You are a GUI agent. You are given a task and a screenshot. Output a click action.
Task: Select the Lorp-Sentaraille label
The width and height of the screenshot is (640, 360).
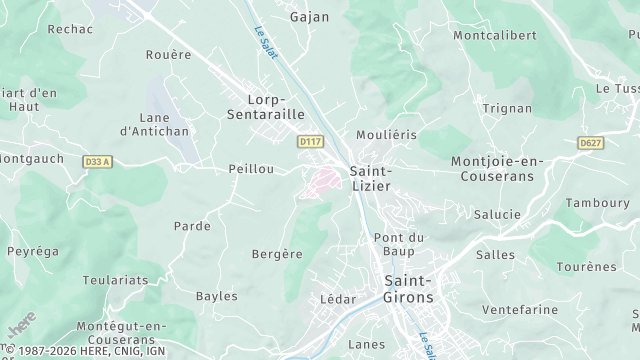coord(275,107)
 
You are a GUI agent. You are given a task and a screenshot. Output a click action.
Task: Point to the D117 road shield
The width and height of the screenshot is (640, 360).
coord(310,143)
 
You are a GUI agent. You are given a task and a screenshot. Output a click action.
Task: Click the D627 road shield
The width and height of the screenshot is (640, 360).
coord(590,143)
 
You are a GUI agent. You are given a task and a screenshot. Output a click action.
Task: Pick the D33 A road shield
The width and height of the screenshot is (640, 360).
coord(98,161)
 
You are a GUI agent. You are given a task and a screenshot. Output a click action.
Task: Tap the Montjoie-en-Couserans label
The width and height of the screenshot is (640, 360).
coord(496,168)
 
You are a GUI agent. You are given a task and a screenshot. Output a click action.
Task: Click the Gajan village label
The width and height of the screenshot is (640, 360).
coord(309,17)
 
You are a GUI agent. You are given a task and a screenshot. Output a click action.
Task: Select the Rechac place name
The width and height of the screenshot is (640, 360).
coord(70,29)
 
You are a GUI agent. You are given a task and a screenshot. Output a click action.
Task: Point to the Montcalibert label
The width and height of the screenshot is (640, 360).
coord(494,35)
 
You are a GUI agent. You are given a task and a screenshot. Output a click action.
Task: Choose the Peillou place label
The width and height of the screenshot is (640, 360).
coord(251,169)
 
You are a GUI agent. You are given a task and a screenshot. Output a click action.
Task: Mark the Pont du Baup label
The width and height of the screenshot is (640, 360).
coord(400,244)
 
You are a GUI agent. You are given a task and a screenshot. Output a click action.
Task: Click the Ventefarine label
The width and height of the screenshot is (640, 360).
coord(519,310)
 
